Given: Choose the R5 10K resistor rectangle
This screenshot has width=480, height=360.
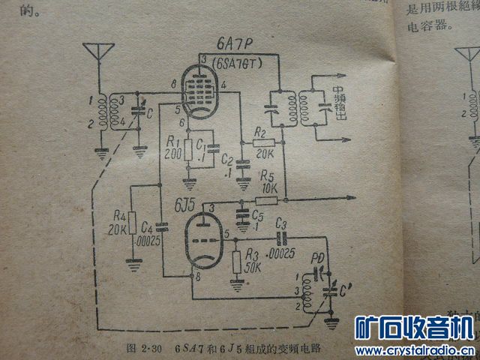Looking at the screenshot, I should point(267,200).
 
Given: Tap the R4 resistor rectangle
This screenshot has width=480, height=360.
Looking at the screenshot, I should point(132,223).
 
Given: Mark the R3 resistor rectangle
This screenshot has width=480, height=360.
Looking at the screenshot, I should point(237,262).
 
